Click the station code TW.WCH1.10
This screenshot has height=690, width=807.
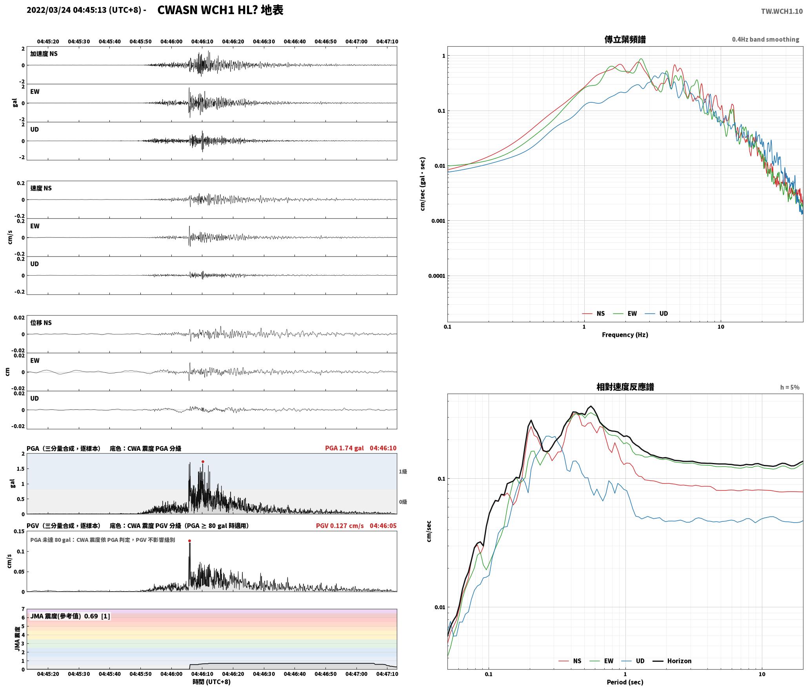pos(782,11)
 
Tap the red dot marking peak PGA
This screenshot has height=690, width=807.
pos(203,462)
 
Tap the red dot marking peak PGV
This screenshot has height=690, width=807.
pos(189,541)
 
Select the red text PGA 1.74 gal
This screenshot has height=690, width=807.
pos(344,448)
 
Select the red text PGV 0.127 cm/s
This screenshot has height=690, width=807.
pos(340,526)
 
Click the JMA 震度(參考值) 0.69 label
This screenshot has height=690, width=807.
pos(64,616)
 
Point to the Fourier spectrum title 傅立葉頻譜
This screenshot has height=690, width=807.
pos(625,40)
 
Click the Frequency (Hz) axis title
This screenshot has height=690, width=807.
pos(625,335)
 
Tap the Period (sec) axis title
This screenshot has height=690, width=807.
pos(625,682)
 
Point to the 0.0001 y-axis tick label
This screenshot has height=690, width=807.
pos(436,276)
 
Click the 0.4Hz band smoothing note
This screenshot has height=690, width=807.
pos(765,40)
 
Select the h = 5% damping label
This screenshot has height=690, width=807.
pos(789,387)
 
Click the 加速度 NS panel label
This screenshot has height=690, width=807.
pos(44,54)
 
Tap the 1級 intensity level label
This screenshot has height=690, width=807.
pos(403,472)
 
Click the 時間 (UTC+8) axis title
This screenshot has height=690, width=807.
pos(211,682)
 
